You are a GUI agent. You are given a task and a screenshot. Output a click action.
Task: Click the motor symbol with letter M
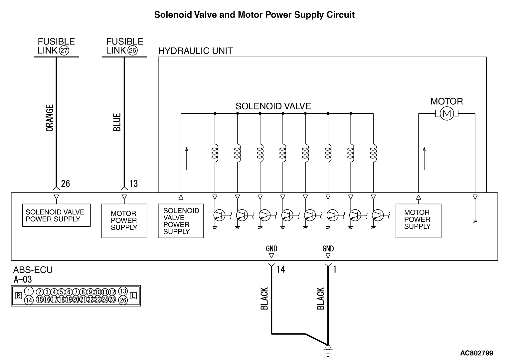[446, 114]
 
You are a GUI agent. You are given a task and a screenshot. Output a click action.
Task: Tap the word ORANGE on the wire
[50, 118]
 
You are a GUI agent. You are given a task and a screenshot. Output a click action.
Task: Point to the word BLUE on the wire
[117, 122]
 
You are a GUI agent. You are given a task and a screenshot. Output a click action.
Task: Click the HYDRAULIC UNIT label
[195, 51]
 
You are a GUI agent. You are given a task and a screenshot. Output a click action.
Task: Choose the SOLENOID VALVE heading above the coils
[273, 106]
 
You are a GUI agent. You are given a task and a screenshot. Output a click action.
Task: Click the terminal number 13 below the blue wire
[133, 183]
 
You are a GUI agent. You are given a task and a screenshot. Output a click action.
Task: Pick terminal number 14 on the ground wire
[281, 269]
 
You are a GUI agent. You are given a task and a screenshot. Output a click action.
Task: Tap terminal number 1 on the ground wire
[335, 269]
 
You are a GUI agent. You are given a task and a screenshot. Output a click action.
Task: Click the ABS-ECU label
[33, 270]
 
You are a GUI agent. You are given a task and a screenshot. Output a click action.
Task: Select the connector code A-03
[23, 279]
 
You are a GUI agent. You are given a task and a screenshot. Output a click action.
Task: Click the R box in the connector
[19, 295]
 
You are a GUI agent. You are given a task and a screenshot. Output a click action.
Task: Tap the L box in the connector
[133, 295]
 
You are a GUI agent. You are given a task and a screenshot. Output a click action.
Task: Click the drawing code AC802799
[476, 353]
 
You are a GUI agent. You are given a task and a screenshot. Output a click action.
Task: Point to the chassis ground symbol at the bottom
[328, 349]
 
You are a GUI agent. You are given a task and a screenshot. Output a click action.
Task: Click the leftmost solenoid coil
[215, 153]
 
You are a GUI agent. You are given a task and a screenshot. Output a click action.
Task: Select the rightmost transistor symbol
[377, 215]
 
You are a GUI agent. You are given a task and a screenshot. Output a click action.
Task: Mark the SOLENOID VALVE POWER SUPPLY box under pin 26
[56, 215]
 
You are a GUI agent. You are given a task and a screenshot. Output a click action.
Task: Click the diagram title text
[254, 15]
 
